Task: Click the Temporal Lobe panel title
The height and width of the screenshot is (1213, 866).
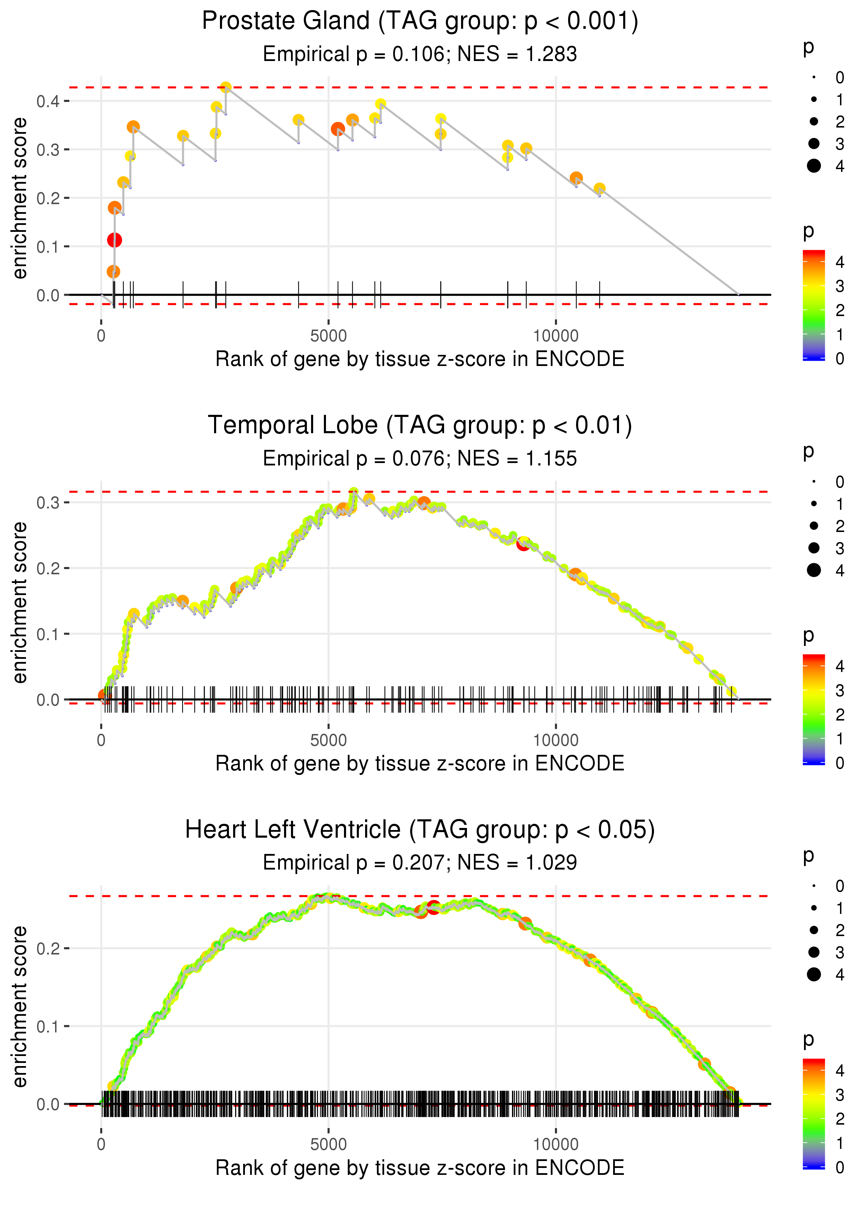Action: click(x=420, y=425)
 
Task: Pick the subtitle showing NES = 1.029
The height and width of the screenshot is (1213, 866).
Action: click(x=420, y=863)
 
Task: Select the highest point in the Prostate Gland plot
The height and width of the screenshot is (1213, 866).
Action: click(x=226, y=87)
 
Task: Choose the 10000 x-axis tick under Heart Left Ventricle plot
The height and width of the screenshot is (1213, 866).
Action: click(x=556, y=1144)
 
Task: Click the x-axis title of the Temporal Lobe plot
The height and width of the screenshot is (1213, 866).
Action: click(x=420, y=763)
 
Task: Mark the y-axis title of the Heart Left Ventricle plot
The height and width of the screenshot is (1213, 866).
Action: click(x=20, y=1006)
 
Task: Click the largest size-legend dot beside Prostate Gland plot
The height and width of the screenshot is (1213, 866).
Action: click(x=814, y=166)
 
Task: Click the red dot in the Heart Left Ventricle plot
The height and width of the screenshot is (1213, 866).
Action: click(x=434, y=907)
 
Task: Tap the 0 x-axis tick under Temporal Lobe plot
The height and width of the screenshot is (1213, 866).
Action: click(x=101, y=740)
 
